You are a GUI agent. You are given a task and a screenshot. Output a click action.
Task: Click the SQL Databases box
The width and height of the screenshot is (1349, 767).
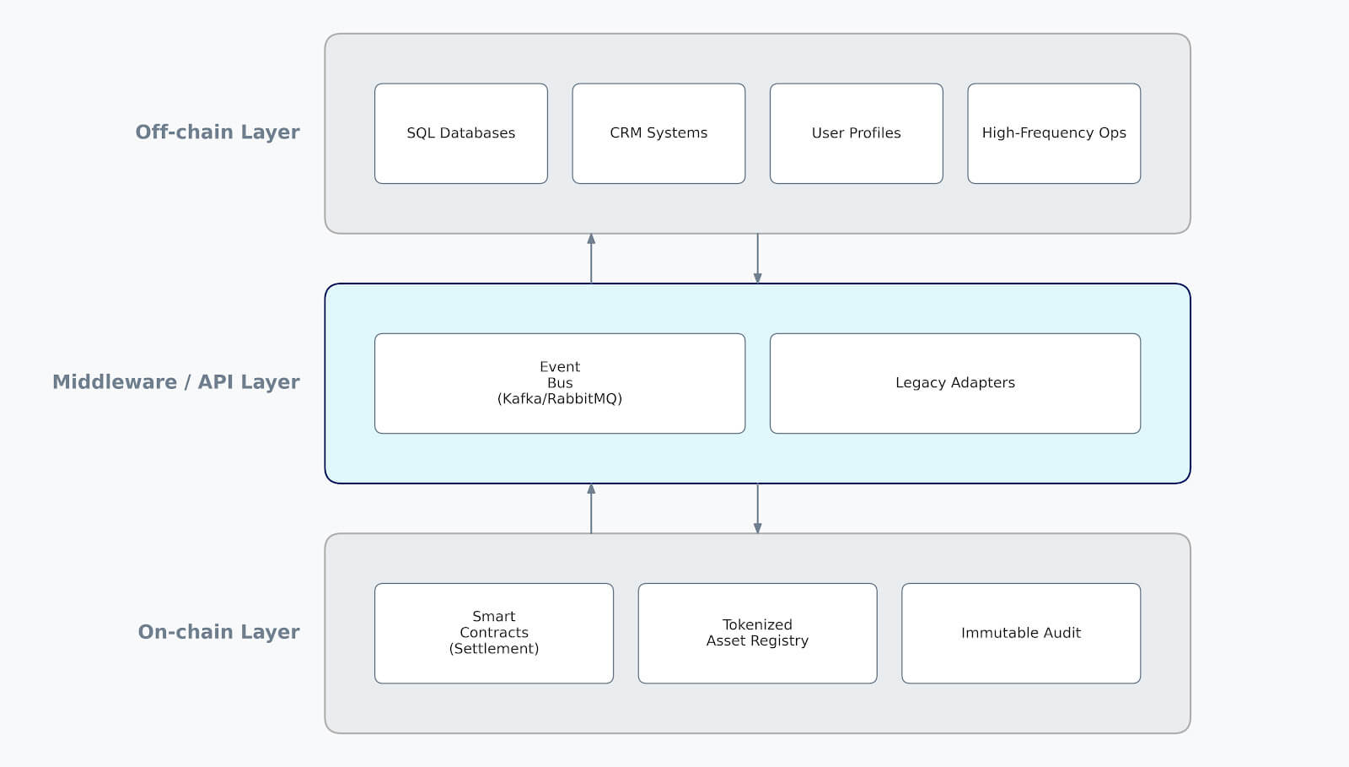[x=460, y=133]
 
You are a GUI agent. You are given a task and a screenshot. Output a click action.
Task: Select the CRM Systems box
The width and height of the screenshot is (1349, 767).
[x=658, y=133]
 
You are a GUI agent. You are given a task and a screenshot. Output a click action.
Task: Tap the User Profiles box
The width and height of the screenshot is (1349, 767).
[x=856, y=133]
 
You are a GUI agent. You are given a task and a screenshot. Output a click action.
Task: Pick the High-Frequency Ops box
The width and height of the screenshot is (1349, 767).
[x=1054, y=133]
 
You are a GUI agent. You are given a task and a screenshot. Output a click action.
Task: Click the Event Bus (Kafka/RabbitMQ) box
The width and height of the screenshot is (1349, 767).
[x=559, y=383]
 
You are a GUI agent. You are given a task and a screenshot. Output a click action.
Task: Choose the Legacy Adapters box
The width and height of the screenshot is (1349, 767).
[x=954, y=383]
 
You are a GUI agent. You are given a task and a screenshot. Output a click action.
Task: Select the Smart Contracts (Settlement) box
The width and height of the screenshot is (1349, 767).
[x=493, y=633]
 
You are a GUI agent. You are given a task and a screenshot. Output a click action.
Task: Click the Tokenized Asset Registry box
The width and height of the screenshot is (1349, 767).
[x=757, y=633]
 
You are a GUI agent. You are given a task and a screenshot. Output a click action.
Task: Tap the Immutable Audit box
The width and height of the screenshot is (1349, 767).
[x=1020, y=633]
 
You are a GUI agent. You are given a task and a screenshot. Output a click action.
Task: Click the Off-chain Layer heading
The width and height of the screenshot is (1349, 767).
[x=218, y=132]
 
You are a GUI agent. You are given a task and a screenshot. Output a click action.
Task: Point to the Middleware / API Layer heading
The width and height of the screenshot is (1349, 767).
[x=176, y=382]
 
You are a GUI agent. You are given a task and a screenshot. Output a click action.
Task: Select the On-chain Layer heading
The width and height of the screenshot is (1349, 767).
[x=219, y=632]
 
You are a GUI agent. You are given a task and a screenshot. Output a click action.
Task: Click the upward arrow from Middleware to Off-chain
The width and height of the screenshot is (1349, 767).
[x=591, y=258]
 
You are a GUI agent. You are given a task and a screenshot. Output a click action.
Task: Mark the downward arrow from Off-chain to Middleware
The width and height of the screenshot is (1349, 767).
[x=757, y=258]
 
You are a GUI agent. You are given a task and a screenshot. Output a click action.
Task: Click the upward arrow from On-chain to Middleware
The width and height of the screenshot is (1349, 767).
[x=591, y=508]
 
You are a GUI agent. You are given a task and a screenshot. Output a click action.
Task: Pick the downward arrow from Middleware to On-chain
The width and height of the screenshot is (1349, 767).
[x=757, y=508]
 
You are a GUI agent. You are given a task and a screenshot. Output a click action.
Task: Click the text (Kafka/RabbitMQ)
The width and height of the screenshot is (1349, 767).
[x=559, y=399]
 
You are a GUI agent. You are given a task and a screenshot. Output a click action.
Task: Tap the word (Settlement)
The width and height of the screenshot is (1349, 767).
[x=493, y=649]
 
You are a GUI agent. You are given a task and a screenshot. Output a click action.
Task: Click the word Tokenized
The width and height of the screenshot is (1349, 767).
[x=757, y=624]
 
